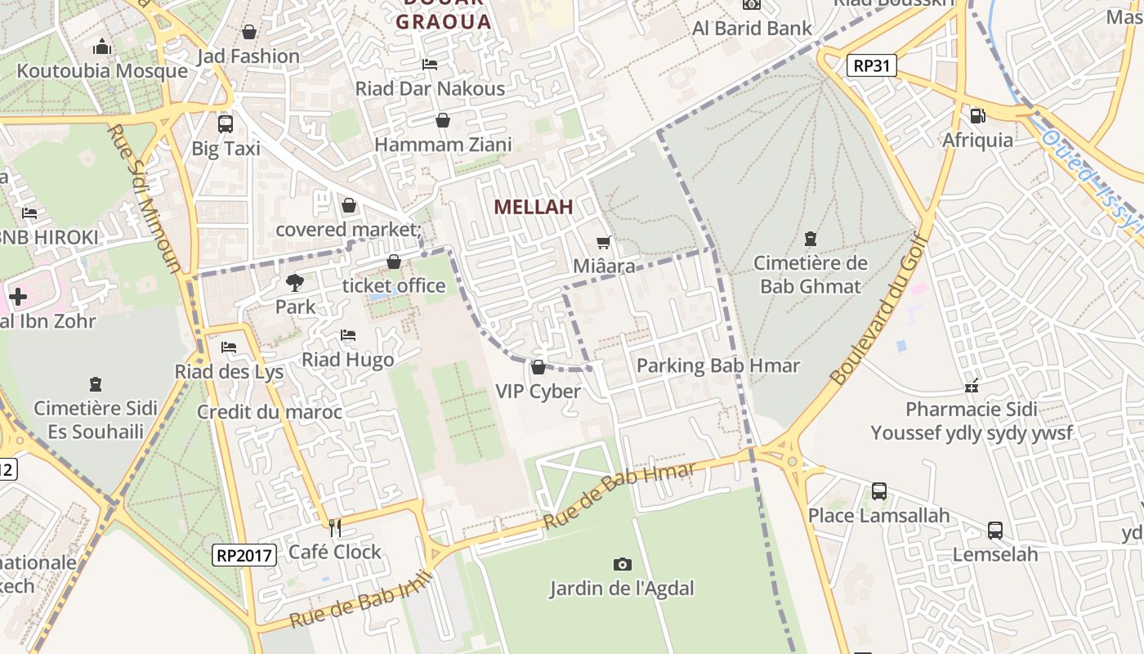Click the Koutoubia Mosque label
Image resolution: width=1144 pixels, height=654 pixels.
(102, 71)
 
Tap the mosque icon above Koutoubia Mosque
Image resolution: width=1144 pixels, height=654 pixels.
(102, 47)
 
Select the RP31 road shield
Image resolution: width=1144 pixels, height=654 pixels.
(871, 65)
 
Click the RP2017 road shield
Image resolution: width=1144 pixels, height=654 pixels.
(244, 555)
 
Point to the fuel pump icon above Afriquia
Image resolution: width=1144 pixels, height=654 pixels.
(977, 116)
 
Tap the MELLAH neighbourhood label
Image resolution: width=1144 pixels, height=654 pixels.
(533, 207)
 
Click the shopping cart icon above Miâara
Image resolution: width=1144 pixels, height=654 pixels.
(604, 242)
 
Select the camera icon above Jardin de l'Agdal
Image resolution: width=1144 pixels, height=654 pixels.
(622, 564)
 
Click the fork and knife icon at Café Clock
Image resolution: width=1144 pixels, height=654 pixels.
(334, 527)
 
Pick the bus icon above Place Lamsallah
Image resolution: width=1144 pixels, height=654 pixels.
(878, 491)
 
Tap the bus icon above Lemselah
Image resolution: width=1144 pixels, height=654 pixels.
(994, 530)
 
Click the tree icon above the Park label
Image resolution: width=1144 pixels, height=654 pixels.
(295, 283)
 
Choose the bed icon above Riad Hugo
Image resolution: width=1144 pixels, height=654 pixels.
(348, 335)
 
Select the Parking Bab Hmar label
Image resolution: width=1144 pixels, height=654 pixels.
(717, 365)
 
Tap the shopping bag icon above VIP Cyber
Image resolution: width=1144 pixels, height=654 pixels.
(538, 367)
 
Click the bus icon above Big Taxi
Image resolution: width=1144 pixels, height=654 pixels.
(226, 124)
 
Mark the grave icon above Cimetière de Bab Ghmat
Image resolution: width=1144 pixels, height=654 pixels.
(810, 239)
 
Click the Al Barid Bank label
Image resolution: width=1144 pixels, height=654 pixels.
(752, 28)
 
